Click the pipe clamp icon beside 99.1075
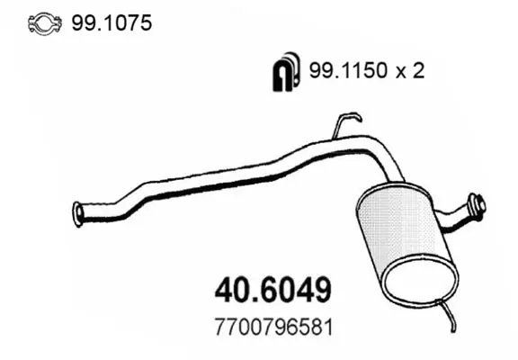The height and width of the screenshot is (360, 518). click(x=45, y=23)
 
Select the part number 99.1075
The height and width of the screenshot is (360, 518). click(x=112, y=23)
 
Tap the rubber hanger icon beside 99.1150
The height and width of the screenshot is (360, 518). click(x=286, y=71)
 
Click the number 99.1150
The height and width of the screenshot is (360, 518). click(x=348, y=70)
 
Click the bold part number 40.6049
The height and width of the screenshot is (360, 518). click(x=272, y=290)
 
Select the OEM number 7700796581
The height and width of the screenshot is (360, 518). click(x=273, y=327)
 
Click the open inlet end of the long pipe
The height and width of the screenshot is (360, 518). click(x=78, y=214)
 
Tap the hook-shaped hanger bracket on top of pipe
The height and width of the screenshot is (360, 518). click(x=345, y=124)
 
